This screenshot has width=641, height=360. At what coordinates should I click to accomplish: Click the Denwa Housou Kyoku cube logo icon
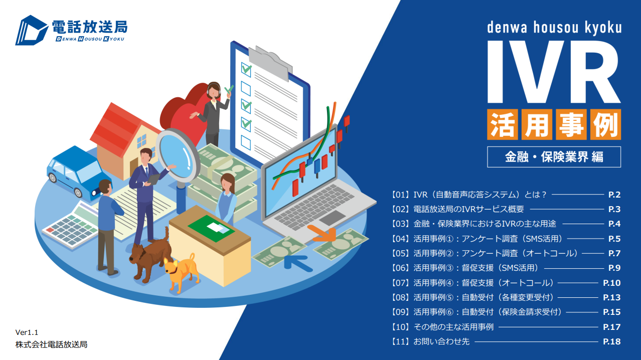point(31,30)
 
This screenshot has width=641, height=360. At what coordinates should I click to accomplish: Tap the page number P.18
point(611,341)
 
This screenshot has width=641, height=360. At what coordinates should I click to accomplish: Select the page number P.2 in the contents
point(614,195)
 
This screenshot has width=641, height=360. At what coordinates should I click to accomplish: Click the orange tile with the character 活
point(502,124)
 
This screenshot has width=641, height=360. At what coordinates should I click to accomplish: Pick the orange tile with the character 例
point(605,124)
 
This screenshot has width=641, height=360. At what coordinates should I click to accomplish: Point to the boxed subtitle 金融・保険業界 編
point(554,157)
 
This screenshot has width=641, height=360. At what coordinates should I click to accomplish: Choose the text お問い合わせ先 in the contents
point(441,341)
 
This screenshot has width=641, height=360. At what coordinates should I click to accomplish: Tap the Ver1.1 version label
point(27,332)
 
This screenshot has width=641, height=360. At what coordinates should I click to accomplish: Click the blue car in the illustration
point(75,173)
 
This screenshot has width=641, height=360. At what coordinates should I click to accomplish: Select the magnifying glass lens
point(178,156)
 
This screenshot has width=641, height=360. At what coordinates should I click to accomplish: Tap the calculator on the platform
point(72,226)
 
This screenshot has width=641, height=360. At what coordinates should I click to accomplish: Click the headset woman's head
point(214,90)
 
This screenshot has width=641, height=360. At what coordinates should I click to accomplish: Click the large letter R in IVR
point(594,72)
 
